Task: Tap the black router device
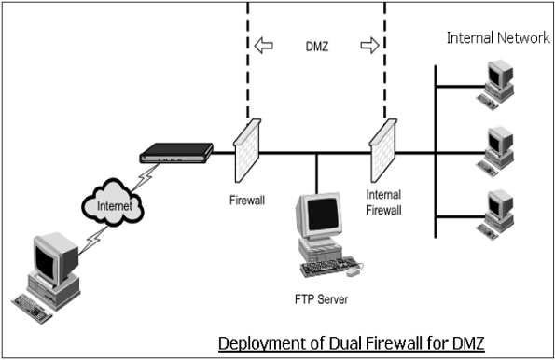173,153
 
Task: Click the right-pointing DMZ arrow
369,44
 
